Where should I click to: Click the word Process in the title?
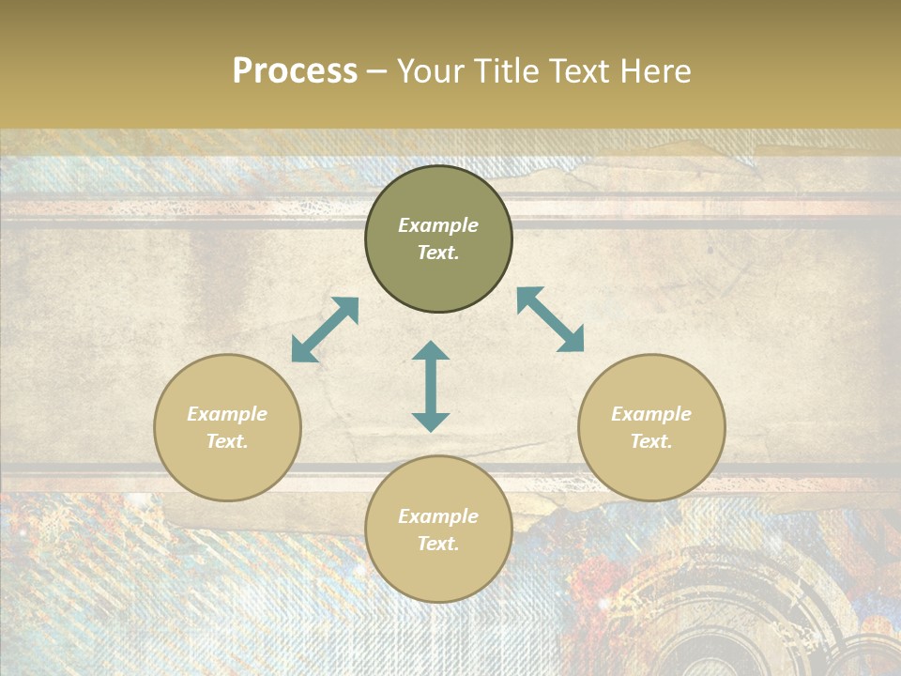click(x=295, y=71)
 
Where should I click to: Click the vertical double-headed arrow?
click(x=431, y=386)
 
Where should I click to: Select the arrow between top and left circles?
click(x=325, y=330)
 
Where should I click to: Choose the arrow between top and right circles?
click(x=551, y=319)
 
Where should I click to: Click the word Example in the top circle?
click(x=438, y=225)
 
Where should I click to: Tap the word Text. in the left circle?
click(x=227, y=441)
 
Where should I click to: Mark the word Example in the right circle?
click(x=651, y=414)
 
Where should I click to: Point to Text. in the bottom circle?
click(x=438, y=544)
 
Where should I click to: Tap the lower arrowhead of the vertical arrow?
click(x=431, y=422)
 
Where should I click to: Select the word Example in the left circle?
click(x=227, y=414)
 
